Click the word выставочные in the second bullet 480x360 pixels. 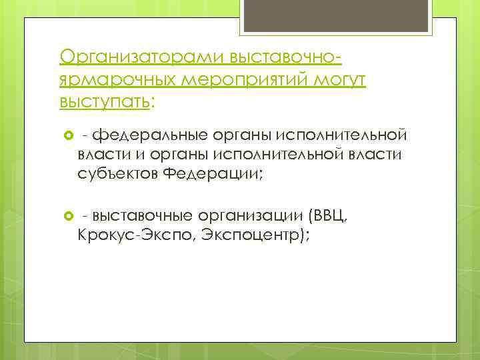tap(143, 216)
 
